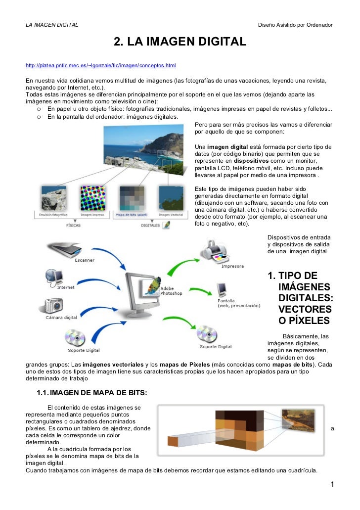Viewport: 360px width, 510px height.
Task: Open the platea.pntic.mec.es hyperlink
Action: [100, 65]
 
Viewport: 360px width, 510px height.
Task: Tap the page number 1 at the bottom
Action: [333, 484]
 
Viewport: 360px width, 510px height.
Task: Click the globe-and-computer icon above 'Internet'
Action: [54, 276]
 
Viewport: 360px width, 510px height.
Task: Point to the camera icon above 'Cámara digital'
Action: [54, 305]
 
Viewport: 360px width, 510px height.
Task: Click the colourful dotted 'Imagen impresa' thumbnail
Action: [92, 198]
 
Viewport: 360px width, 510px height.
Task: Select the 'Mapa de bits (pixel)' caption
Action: [131, 215]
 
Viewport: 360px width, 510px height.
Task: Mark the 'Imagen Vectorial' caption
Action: [171, 215]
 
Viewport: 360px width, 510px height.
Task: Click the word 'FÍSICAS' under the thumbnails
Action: [73, 225]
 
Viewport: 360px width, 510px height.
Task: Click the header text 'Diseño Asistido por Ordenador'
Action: [295, 25]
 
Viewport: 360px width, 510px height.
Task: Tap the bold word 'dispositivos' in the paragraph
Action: [251, 161]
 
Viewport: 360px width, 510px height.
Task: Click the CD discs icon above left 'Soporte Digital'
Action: [76, 338]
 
